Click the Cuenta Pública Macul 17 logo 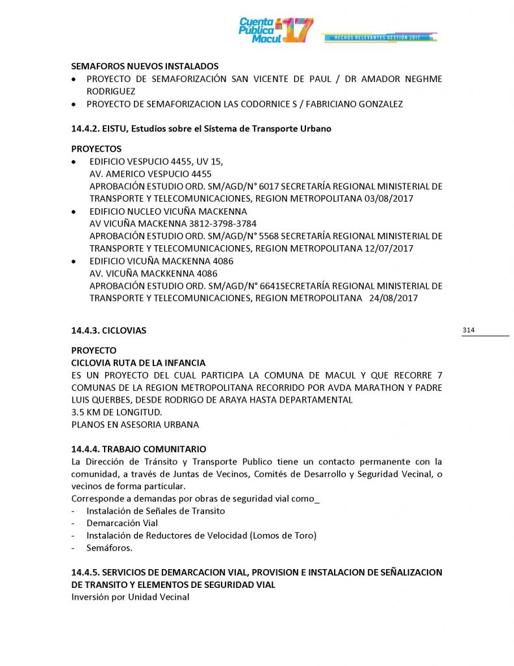click(276, 30)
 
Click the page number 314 click(469, 330)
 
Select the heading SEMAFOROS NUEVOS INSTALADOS click(145, 66)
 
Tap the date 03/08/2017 click(389, 198)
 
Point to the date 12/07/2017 click(389, 248)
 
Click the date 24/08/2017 click(393, 298)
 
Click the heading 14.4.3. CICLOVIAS click(109, 330)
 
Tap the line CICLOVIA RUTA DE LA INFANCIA click(138, 362)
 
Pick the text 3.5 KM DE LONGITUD click(116, 412)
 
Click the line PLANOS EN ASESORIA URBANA click(135, 424)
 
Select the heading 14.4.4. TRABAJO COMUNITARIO click(138, 449)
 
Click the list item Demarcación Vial click(122, 523)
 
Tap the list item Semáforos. click(109, 548)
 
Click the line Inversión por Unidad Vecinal click(130, 597)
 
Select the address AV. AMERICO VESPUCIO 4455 click(150, 174)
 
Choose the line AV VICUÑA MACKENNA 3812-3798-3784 click(169, 224)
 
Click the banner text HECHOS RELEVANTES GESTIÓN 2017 click(377, 38)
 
